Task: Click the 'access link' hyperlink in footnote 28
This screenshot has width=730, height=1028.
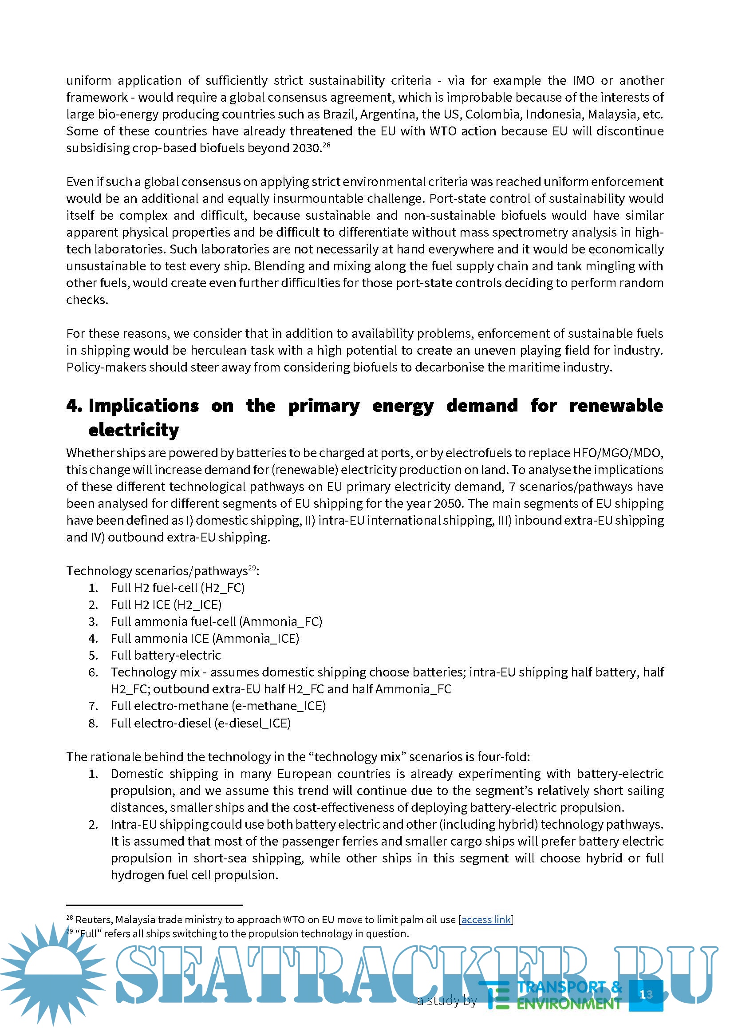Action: (x=486, y=920)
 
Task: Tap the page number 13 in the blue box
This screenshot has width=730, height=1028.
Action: (x=646, y=994)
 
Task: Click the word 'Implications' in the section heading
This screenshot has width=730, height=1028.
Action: (x=144, y=405)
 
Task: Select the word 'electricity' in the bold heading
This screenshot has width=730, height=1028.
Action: (x=134, y=430)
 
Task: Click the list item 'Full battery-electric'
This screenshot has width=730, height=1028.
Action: (x=166, y=655)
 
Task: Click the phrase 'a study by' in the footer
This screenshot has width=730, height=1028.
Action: (x=446, y=1000)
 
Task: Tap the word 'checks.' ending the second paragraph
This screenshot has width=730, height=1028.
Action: (x=87, y=300)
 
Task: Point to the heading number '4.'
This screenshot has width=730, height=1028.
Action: (x=75, y=405)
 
